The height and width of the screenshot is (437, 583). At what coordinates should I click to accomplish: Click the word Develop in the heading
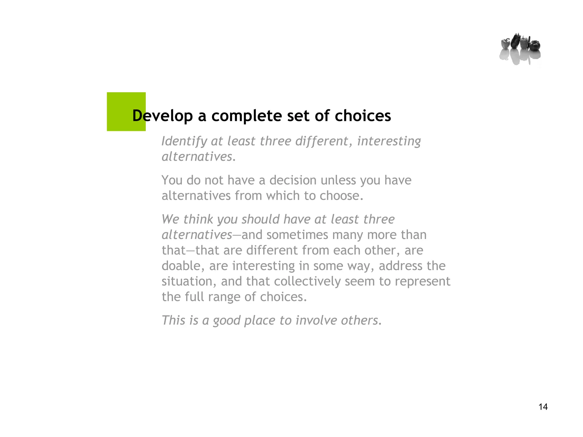point(163,116)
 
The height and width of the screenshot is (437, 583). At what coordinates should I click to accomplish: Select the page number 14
point(543,407)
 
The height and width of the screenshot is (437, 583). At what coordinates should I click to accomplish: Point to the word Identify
point(184,141)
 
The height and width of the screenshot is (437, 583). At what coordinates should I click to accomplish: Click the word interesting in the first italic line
point(389,141)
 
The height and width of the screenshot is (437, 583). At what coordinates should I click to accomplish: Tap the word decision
point(293,180)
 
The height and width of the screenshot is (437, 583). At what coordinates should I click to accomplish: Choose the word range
point(224,297)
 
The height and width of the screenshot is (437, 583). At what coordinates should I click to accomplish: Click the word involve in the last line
point(316,320)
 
